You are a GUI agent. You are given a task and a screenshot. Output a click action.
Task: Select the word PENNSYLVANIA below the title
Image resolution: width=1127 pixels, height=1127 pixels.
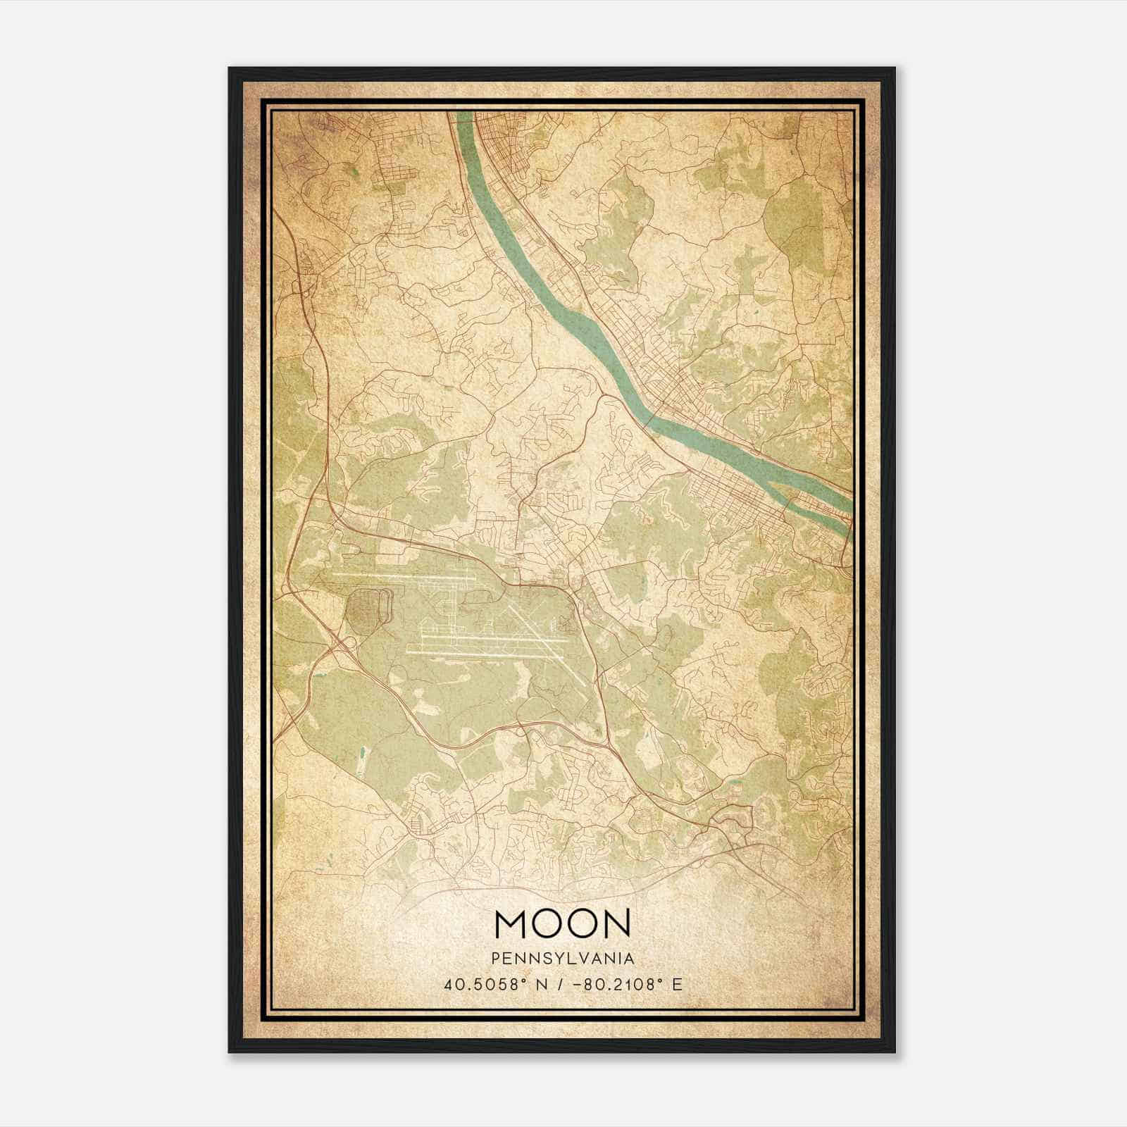click(x=563, y=958)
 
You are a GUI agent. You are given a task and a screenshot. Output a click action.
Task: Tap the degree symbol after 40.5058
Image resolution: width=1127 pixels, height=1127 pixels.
click(x=504, y=980)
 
